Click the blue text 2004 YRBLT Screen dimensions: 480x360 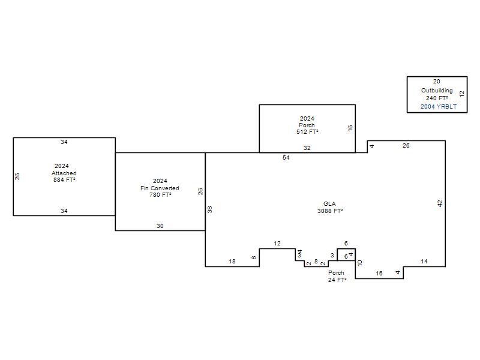[439, 107]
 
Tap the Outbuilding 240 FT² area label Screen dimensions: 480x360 [437, 94]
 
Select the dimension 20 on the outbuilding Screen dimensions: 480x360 [437, 82]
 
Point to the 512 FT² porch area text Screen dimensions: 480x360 [307, 132]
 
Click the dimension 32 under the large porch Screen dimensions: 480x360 [307, 148]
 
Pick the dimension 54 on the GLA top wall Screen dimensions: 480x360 [286, 157]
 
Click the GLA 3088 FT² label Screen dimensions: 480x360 [330, 207]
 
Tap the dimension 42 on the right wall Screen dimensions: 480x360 [440, 203]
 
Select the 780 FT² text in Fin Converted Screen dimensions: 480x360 [160, 194]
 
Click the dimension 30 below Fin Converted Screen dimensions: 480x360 [160, 226]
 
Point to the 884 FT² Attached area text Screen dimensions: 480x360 [64, 179]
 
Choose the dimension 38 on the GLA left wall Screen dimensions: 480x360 [209, 209]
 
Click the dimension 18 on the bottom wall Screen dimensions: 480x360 [232, 262]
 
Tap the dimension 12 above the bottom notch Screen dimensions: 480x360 [277, 244]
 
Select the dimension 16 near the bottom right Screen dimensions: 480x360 [379, 274]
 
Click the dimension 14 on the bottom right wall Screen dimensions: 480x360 [424, 262]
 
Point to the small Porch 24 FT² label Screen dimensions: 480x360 [337, 276]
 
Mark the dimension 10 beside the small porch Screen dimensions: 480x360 [359, 263]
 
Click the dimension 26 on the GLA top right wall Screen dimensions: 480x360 [406, 146]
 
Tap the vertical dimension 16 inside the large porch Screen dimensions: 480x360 [350, 128]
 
